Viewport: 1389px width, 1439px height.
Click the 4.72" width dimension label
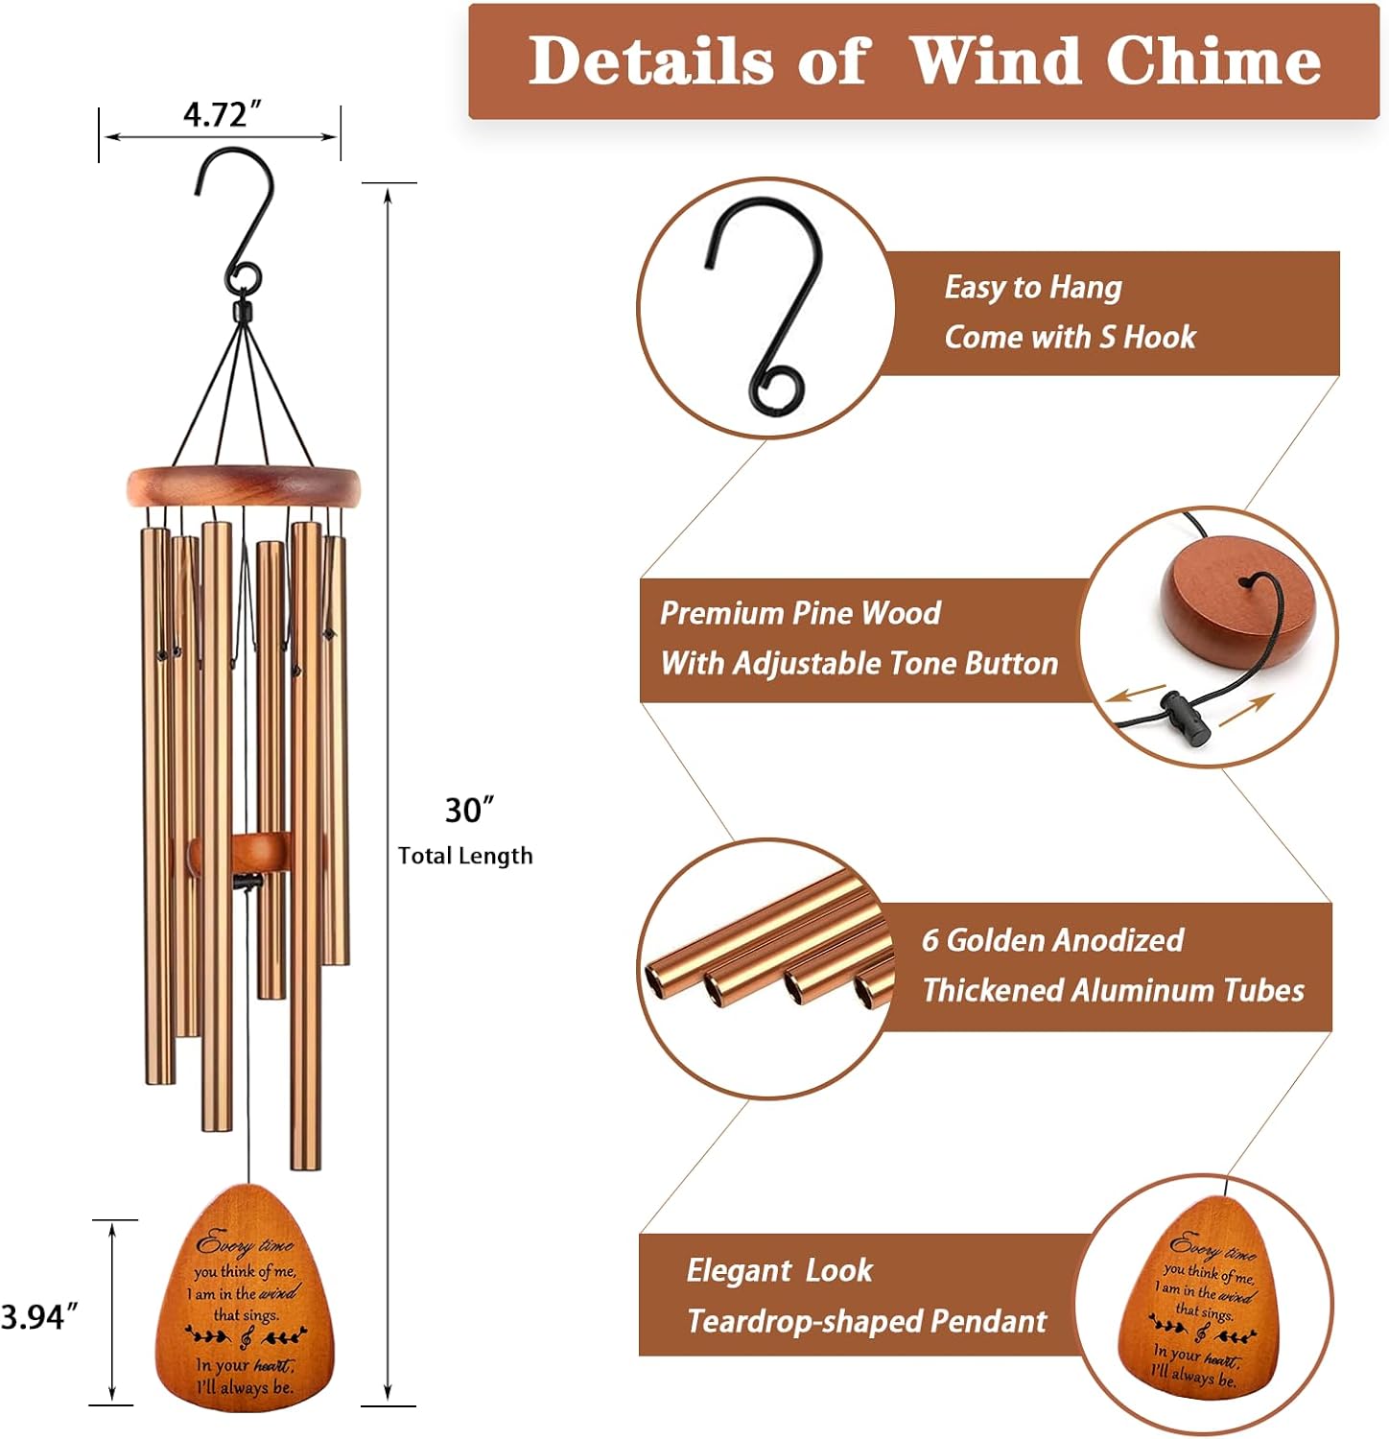click(x=222, y=114)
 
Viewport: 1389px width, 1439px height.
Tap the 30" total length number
click(x=469, y=811)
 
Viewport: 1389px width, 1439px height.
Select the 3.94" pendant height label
click(x=38, y=1317)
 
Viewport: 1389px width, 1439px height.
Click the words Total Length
click(x=465, y=856)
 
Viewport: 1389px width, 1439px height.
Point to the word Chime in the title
click(x=1213, y=61)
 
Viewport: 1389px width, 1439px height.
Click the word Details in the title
click(x=651, y=61)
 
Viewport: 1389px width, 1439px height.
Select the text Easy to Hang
click(x=1032, y=287)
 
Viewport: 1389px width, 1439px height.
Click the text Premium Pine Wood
click(x=800, y=613)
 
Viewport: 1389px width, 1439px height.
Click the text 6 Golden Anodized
click(x=1052, y=940)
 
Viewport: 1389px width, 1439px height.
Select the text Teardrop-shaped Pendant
click(x=866, y=1321)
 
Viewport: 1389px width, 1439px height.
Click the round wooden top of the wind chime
click(x=245, y=485)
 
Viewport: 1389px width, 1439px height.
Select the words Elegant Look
click(x=779, y=1270)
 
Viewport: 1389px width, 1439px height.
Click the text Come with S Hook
click(x=1070, y=337)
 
